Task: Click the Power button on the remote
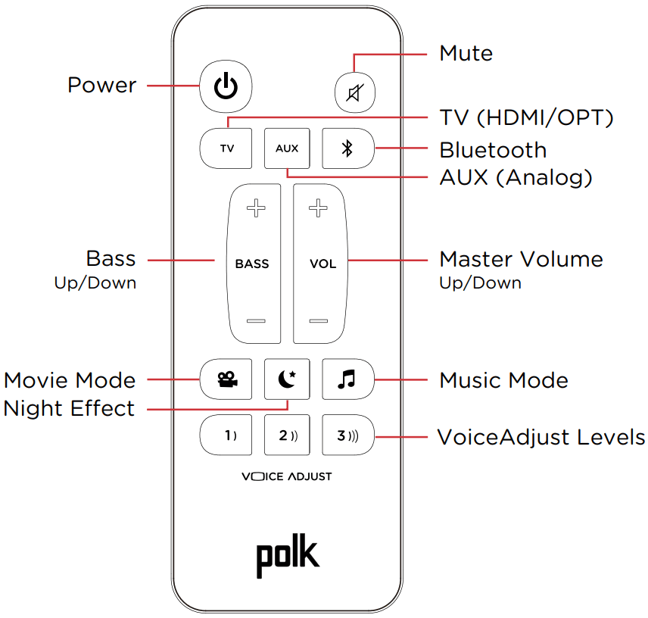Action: [226, 86]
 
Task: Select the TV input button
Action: [226, 148]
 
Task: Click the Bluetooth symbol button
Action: [347, 148]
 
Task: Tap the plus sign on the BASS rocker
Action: [256, 208]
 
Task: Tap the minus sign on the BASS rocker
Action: [256, 321]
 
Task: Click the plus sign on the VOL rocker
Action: [319, 208]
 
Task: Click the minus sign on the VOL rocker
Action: [319, 321]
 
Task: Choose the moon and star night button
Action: [287, 379]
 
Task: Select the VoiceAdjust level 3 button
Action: [347, 435]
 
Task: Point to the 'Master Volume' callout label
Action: [521, 259]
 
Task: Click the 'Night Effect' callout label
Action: [70, 409]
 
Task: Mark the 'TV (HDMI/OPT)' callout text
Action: [526, 118]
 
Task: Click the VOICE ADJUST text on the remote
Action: [287, 477]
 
